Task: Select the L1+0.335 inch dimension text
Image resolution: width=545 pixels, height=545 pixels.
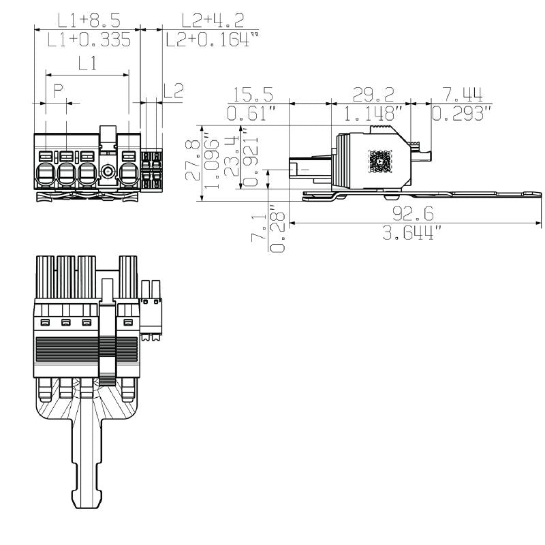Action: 89,40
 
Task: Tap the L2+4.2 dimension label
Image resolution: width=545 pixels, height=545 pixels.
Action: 206,20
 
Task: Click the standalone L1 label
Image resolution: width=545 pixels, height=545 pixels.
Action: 87,65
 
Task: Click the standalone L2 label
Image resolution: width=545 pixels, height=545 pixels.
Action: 174,91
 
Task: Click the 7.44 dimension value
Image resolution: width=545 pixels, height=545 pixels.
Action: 463,94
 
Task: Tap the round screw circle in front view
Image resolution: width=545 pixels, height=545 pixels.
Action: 107,170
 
